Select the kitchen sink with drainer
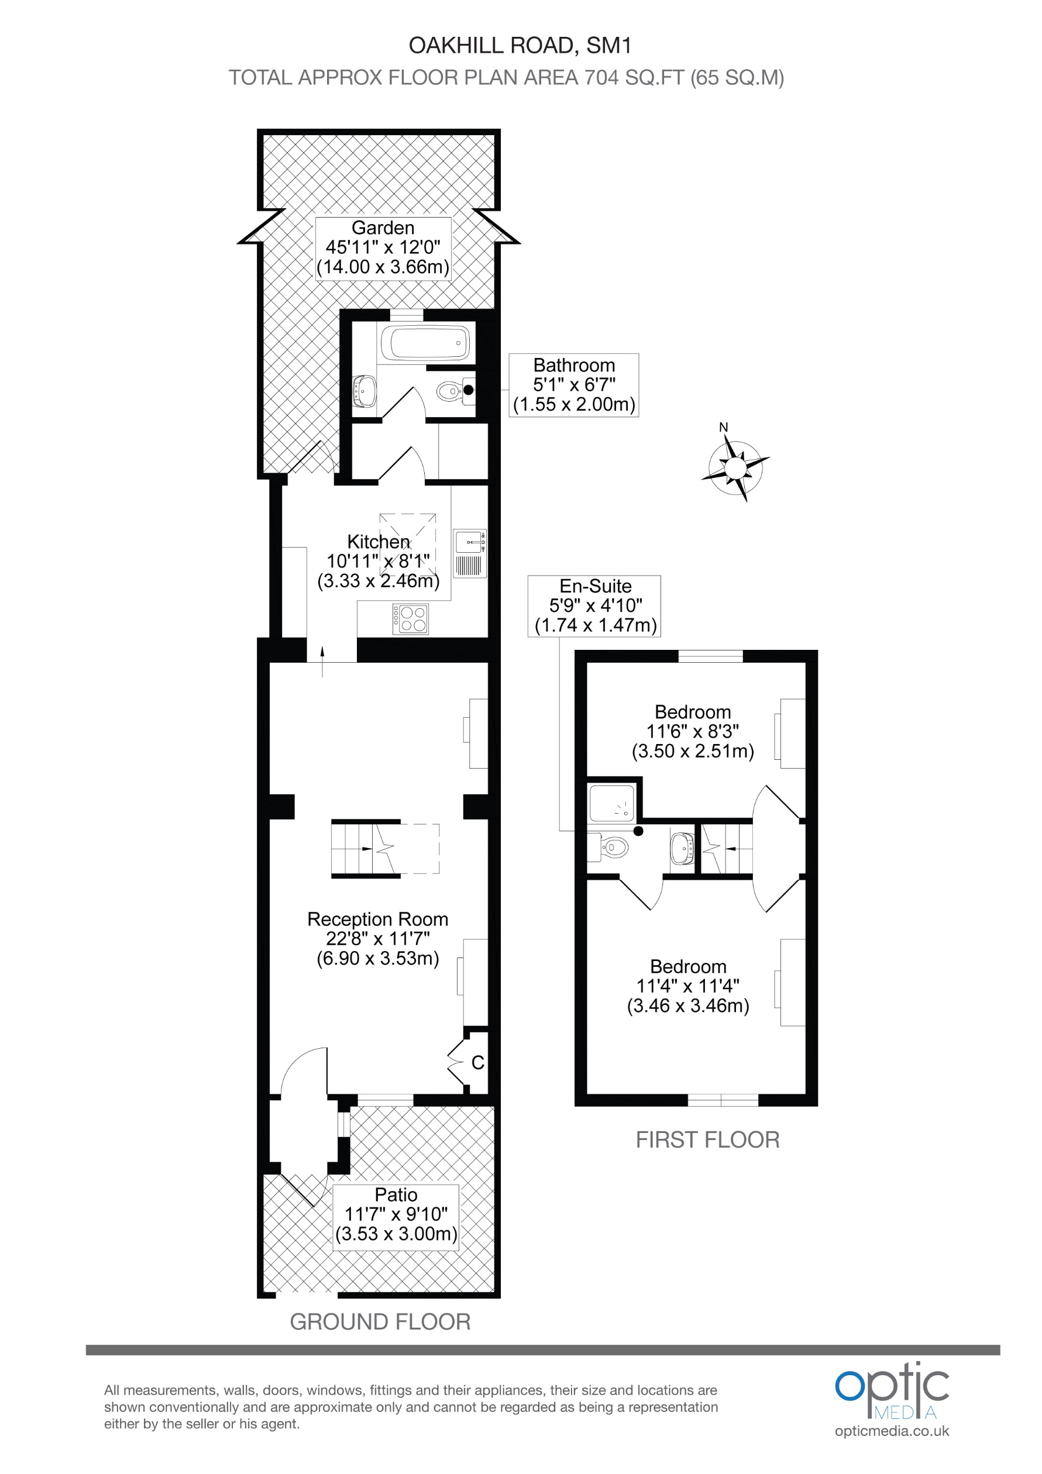click(470, 553)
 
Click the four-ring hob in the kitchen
click(411, 619)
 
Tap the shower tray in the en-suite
click(612, 803)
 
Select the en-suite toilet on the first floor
click(607, 848)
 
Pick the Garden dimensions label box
click(383, 248)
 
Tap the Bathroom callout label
click(574, 384)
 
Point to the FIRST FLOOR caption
click(707, 1139)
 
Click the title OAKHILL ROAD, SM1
click(520, 46)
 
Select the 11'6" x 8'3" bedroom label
click(693, 731)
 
